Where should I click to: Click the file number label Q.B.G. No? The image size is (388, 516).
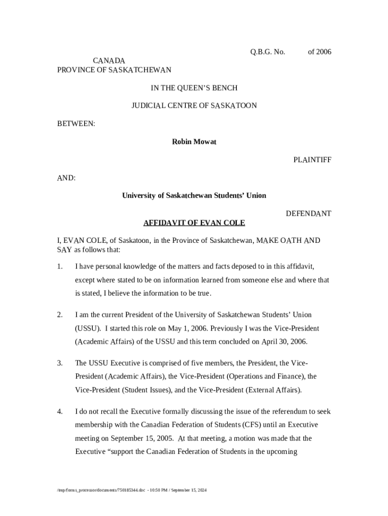(x=268, y=52)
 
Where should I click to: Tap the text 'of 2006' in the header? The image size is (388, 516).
(x=319, y=52)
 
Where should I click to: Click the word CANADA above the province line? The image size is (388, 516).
(x=109, y=61)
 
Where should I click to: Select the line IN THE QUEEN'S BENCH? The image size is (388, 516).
(x=194, y=88)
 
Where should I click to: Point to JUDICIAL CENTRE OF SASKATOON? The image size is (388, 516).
(x=194, y=106)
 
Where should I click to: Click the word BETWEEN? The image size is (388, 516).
(x=76, y=124)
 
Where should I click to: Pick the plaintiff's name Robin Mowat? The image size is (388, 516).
(x=194, y=142)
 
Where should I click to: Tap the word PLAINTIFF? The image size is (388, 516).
(x=312, y=160)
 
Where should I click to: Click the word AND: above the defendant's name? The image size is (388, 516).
(x=67, y=178)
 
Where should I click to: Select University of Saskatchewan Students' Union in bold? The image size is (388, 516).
(x=194, y=196)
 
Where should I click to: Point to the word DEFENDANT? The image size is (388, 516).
(x=308, y=214)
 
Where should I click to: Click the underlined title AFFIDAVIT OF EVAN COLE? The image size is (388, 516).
(x=194, y=223)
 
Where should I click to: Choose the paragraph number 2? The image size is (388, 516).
(x=59, y=315)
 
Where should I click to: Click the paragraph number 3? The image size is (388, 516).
(x=59, y=363)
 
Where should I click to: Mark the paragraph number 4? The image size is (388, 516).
(x=59, y=412)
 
